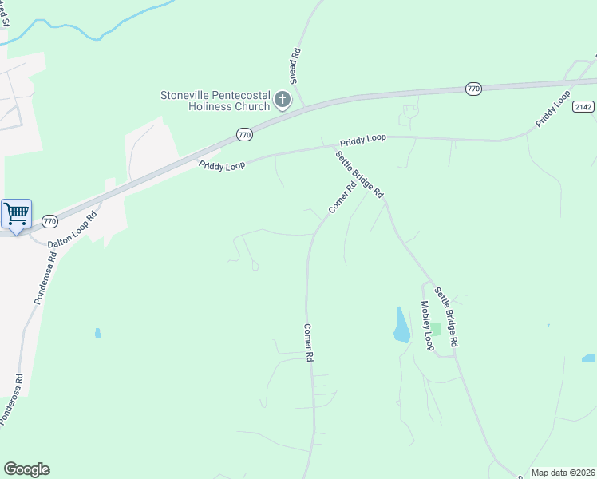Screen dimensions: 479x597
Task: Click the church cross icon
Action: (282, 100)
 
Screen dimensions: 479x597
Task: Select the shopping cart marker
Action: (16, 214)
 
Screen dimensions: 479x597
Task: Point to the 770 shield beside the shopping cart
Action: (49, 220)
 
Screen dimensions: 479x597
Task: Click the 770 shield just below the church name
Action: (244, 136)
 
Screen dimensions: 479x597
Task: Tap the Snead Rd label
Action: (295, 66)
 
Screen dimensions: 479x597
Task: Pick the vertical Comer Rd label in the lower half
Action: (308, 343)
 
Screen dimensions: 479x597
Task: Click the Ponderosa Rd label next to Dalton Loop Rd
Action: (45, 279)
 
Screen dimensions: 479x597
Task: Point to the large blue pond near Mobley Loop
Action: (401, 325)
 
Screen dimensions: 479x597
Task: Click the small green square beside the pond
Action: (435, 329)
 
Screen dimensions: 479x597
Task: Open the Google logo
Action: (26, 469)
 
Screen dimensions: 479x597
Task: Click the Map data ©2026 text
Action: (563, 473)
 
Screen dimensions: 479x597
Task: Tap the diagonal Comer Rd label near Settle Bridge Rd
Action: (342, 199)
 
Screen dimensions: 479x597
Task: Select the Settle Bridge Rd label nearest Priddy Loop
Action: (360, 175)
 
